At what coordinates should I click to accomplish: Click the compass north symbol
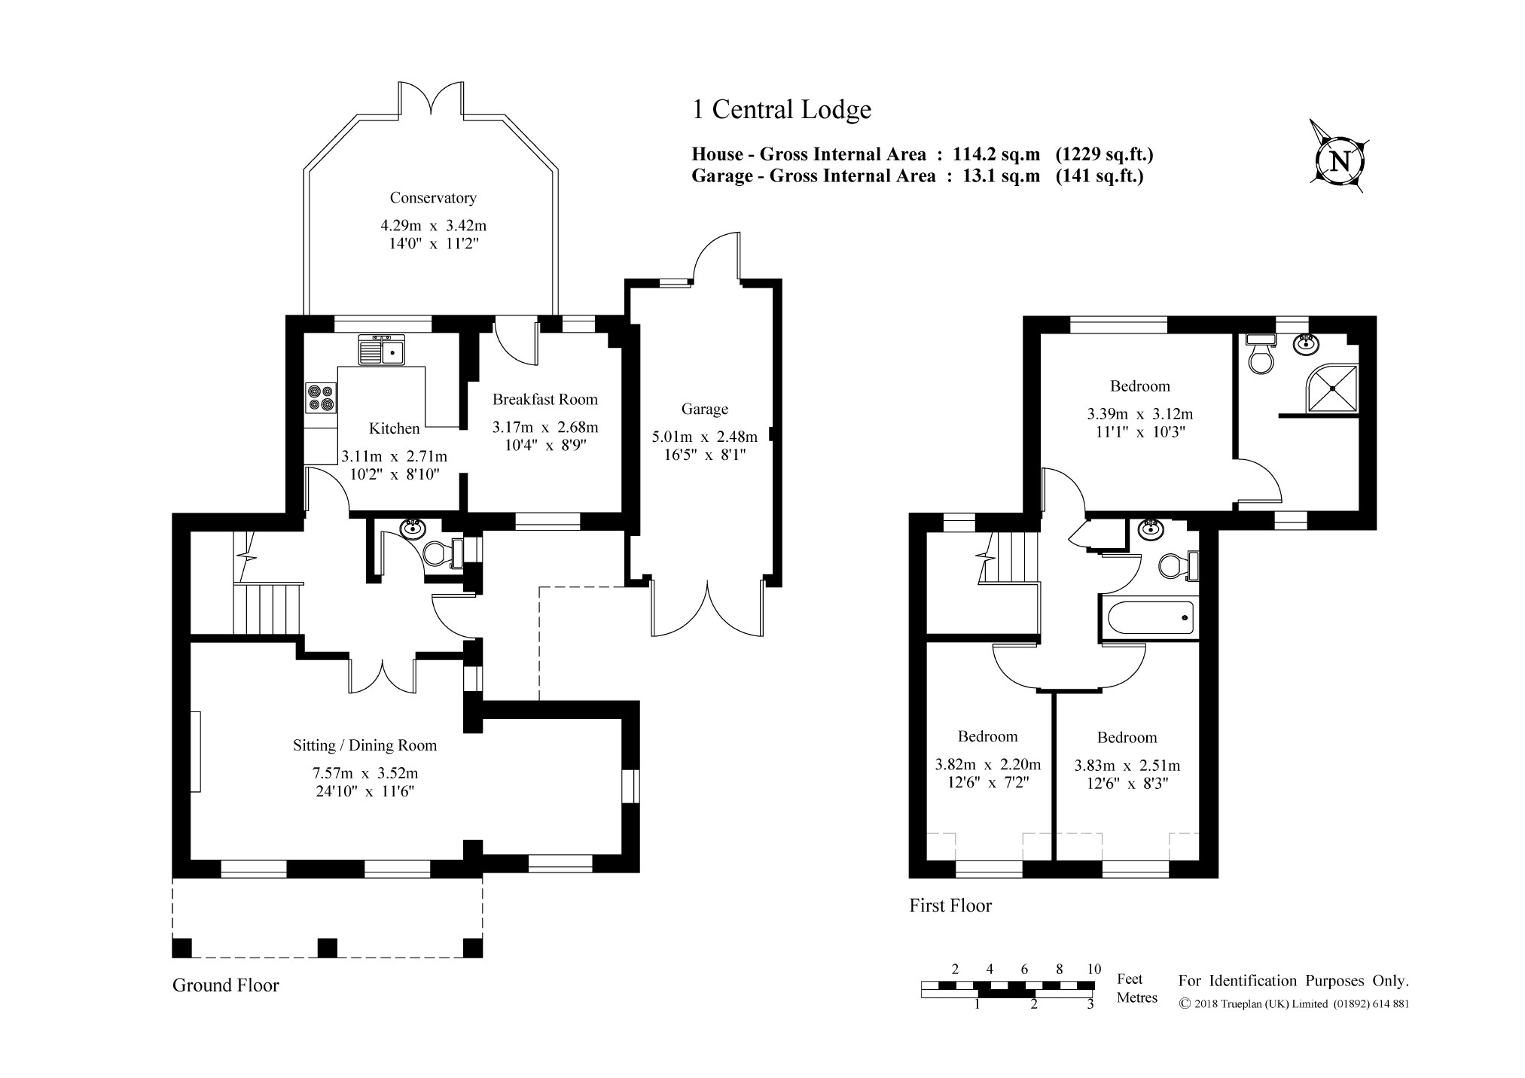tap(1340, 161)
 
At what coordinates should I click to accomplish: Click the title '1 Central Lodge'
tap(782, 110)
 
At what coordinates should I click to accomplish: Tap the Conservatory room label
tap(433, 198)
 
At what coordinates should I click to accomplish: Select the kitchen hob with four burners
tap(320, 397)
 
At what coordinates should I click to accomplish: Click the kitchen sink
tap(383, 349)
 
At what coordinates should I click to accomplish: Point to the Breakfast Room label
tap(545, 399)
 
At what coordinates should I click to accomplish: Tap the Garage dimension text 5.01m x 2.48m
tap(705, 437)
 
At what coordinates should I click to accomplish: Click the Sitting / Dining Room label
tap(365, 745)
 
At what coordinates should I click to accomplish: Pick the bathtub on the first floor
tap(1148, 617)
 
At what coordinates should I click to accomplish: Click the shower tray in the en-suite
tap(1333, 388)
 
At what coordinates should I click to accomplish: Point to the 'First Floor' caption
tap(950, 906)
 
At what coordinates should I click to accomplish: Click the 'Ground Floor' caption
tap(226, 985)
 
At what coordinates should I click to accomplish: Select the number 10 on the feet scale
tap(1093, 969)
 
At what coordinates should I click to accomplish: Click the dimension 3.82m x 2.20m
tap(988, 764)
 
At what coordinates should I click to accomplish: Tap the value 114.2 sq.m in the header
tap(996, 154)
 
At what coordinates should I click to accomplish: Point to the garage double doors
tap(708, 608)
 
